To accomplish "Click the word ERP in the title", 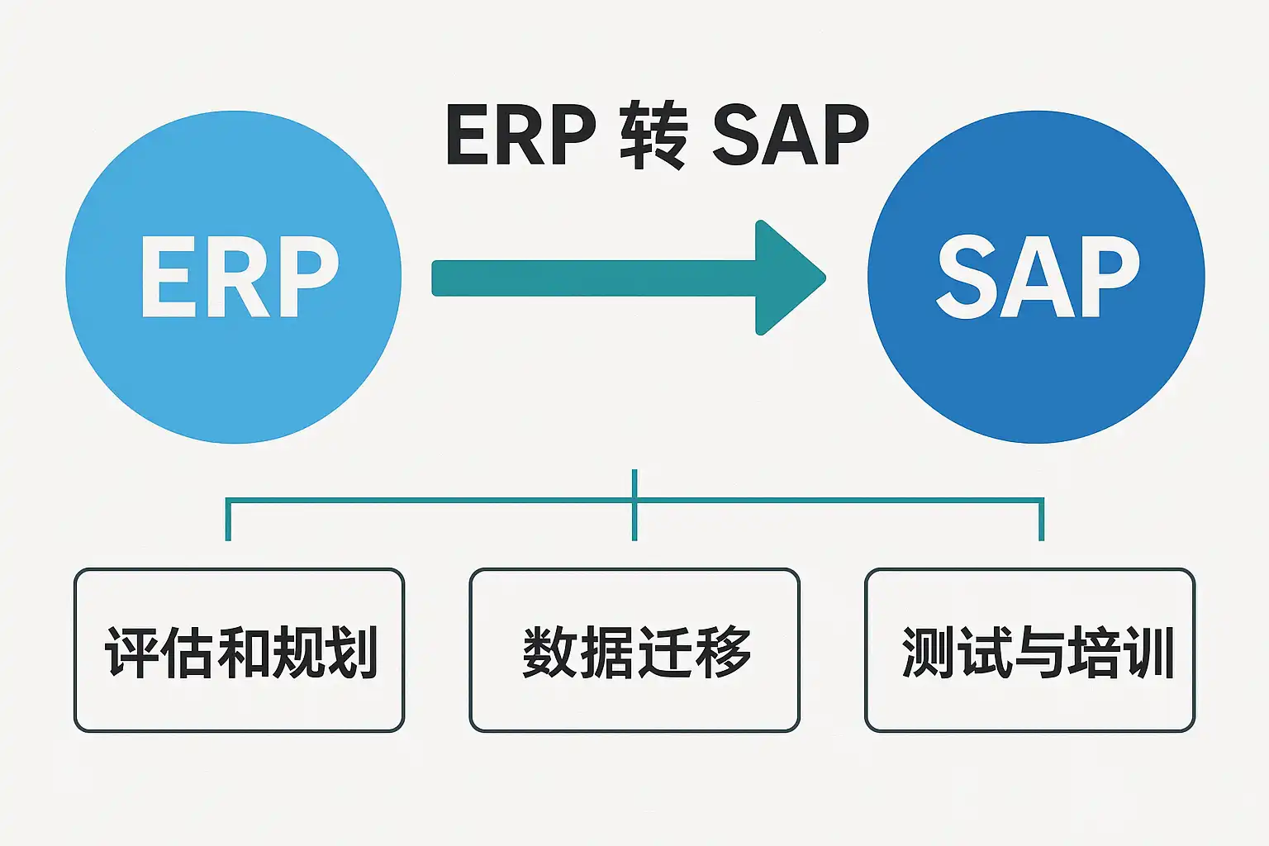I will [520, 135].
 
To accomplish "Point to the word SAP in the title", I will [790, 135].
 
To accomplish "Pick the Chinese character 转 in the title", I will [653, 135].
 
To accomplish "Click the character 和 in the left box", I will [241, 653].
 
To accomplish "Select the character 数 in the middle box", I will [550, 653].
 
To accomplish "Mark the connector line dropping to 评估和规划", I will [228, 520].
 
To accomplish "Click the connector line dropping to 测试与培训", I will [1041, 520].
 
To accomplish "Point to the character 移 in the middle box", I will [722, 653].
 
